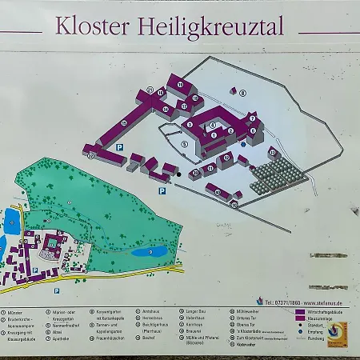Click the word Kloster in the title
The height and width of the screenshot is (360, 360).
click(91, 26)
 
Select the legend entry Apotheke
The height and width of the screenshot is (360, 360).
click(62, 338)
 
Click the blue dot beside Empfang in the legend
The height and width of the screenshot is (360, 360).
click(299, 331)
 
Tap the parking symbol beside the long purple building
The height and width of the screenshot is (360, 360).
click(119, 148)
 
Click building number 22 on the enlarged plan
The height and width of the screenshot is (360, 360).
click(90, 155)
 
